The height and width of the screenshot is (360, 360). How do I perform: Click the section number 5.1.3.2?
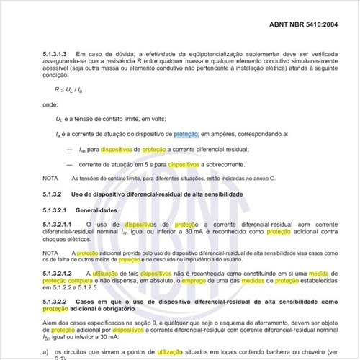[55, 195]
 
